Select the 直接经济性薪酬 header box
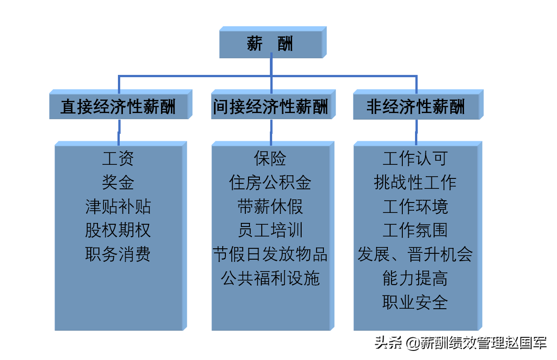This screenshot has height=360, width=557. click(118, 107)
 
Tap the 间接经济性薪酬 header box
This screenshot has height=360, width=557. click(270, 107)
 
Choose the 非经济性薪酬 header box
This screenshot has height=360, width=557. click(415, 107)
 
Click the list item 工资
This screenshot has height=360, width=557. click(118, 159)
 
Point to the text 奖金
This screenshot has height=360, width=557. click(118, 182)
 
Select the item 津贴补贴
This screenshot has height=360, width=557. click(118, 207)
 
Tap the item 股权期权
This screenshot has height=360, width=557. click(118, 230)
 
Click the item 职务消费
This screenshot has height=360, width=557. click(118, 254)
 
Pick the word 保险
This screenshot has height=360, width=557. click(270, 159)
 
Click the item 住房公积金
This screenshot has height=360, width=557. click(270, 182)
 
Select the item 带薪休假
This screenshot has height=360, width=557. click(270, 207)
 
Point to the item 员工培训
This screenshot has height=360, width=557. click(270, 230)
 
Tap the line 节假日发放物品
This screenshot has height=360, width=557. click(270, 254)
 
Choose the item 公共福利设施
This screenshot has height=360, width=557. click(270, 278)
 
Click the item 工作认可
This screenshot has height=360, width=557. click(415, 159)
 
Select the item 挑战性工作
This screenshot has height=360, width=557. click(415, 182)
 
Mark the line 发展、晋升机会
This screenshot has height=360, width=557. click(415, 254)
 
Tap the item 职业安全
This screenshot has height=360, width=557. click(415, 302)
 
